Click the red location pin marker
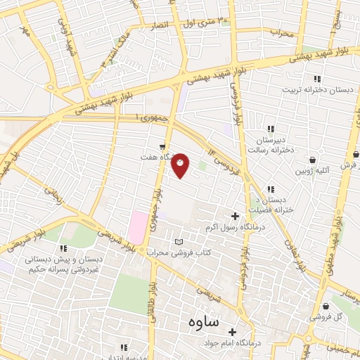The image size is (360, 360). [x=181, y=165]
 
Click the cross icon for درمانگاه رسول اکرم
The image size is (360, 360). [x=235, y=215]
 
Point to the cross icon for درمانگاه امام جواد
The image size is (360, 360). [x=233, y=332]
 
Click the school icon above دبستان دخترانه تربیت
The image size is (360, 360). [x=317, y=79]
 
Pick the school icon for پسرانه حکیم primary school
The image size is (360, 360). [x=63, y=248]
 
